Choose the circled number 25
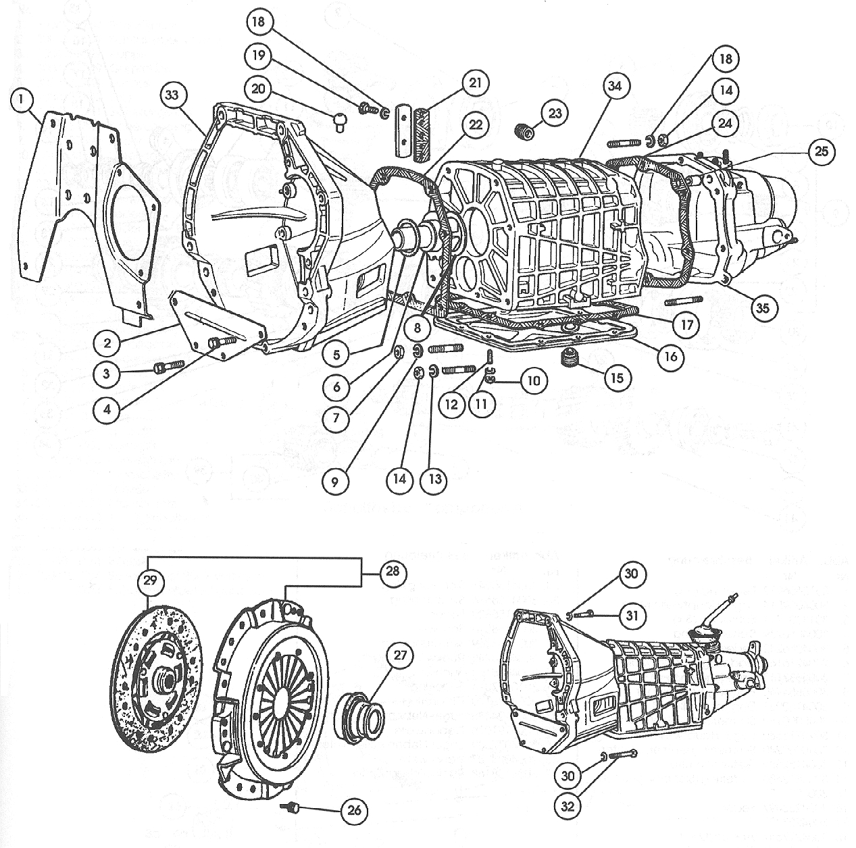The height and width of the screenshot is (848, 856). tap(821, 151)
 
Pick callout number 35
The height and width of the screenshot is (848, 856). tap(763, 308)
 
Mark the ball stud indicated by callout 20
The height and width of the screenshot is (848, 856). tap(341, 122)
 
